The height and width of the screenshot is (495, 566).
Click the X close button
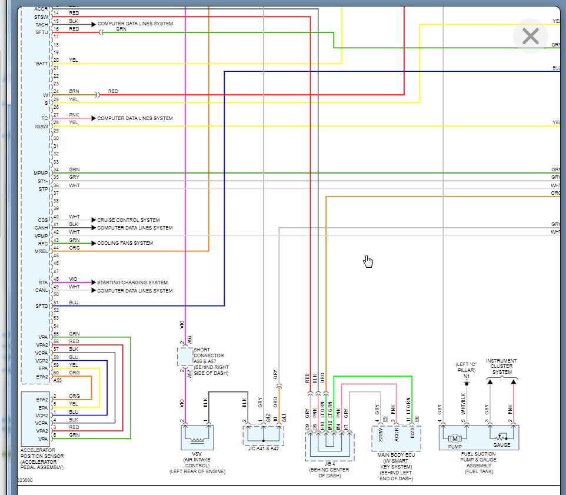point(531,36)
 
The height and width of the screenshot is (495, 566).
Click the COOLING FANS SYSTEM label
point(125,243)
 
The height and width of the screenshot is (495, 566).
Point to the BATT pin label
point(41,64)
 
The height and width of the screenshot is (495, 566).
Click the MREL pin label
point(41,251)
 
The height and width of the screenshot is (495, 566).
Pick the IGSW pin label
point(41,126)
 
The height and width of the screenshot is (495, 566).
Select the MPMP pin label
point(41,173)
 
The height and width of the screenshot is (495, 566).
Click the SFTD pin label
point(41,306)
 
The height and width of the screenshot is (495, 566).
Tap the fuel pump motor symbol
point(454,438)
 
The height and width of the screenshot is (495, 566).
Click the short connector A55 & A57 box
point(185,357)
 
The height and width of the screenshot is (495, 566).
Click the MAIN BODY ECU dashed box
point(396,437)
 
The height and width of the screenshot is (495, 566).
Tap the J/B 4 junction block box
point(329,446)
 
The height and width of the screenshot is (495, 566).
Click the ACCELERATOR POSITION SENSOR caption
point(42,461)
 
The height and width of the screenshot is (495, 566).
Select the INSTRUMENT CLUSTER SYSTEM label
point(502,366)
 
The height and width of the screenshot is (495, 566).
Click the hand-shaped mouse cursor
point(368,261)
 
